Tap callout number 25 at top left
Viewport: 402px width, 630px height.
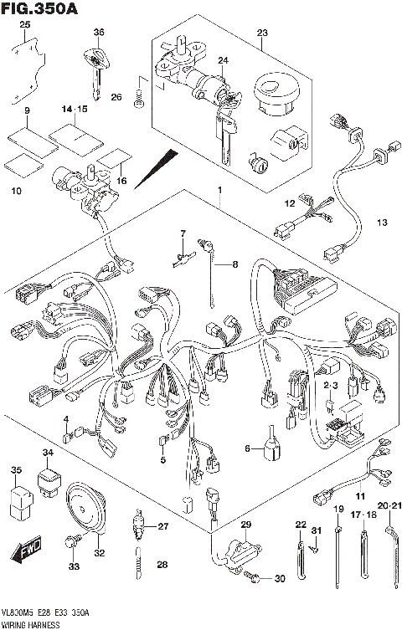click(x=25, y=26)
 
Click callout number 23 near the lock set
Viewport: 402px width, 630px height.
click(x=262, y=33)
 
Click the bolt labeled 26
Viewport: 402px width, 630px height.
click(x=141, y=101)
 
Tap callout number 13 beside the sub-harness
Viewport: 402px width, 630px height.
click(x=383, y=223)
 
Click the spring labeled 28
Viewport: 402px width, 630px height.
click(x=137, y=566)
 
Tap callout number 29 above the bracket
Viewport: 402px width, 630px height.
click(x=245, y=524)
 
